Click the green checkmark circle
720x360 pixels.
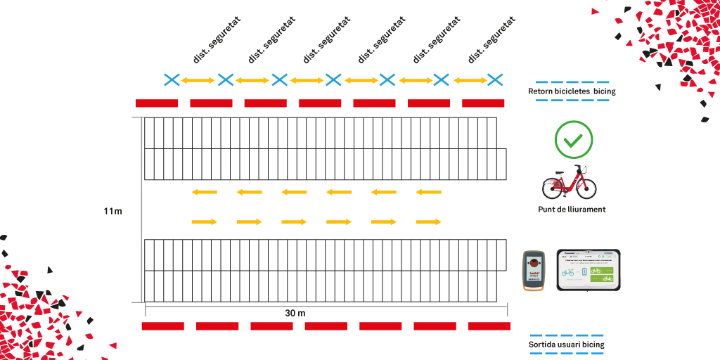(574, 140)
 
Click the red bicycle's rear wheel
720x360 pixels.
(553, 188)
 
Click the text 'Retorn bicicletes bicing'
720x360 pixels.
(572, 91)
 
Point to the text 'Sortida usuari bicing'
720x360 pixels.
(566, 345)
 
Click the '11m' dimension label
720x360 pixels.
(112, 211)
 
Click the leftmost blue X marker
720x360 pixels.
(171, 79)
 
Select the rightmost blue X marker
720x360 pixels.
(495, 79)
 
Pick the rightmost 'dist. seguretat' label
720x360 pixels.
(491, 39)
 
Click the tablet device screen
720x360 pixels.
(589, 271)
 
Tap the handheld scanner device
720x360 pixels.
(534, 271)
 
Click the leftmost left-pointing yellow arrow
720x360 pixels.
(204, 192)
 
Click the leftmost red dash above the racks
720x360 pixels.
(156, 103)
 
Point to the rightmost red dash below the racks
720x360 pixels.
(489, 326)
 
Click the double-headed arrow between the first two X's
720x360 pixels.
(198, 80)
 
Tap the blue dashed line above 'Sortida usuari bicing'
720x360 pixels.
(566, 335)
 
